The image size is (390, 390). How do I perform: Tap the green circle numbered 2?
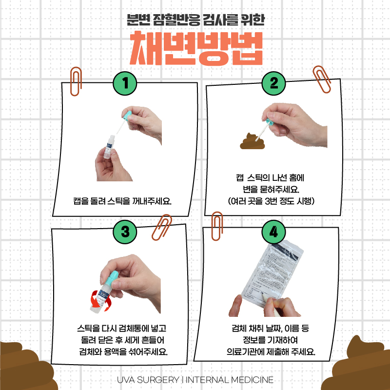coord(273,83)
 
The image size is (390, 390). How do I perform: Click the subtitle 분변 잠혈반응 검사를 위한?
coord(195,20)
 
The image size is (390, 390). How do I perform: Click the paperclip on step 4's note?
coord(216,227)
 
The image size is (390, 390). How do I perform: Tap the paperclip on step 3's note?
coord(161,226)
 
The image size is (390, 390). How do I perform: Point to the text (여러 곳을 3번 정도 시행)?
coord(270,200)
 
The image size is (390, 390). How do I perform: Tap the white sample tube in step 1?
coord(109,145)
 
